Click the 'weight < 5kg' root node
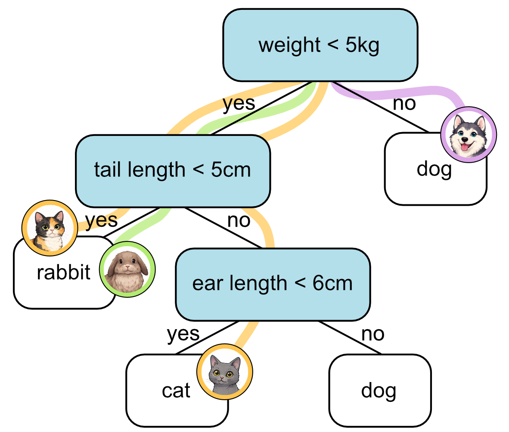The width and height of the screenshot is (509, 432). pyautogui.click(x=320, y=45)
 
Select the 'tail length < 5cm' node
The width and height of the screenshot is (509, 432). pyautogui.click(x=172, y=170)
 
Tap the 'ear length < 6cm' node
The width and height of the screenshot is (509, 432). pyautogui.click(x=272, y=284)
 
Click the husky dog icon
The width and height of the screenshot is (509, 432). pyautogui.click(x=469, y=134)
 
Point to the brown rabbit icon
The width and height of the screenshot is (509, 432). pyautogui.click(x=127, y=268)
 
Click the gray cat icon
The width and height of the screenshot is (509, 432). pyautogui.click(x=224, y=371)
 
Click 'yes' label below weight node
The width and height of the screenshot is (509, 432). pyautogui.click(x=239, y=104)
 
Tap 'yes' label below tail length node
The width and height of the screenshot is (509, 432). pyautogui.click(x=101, y=220)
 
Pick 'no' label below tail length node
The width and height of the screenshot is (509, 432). pyautogui.click(x=239, y=220)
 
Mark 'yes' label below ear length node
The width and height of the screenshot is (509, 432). pyautogui.click(x=183, y=333)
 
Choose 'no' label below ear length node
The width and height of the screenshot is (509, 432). pyautogui.click(x=372, y=333)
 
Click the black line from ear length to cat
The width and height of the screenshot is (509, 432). pyautogui.click(x=207, y=338)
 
